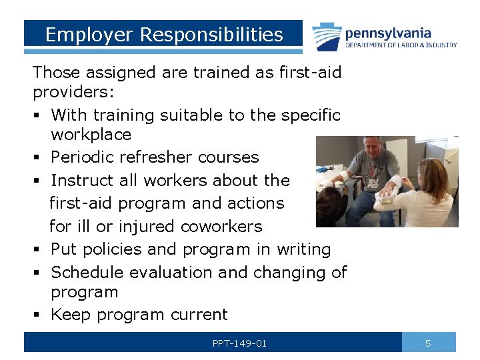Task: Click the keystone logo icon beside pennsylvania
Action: (x=327, y=36)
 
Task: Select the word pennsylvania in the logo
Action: (x=387, y=33)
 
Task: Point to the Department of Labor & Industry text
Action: (x=401, y=45)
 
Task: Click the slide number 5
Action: (x=428, y=343)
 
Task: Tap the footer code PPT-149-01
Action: (x=239, y=343)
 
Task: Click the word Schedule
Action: (x=87, y=272)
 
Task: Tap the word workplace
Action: (x=91, y=135)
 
